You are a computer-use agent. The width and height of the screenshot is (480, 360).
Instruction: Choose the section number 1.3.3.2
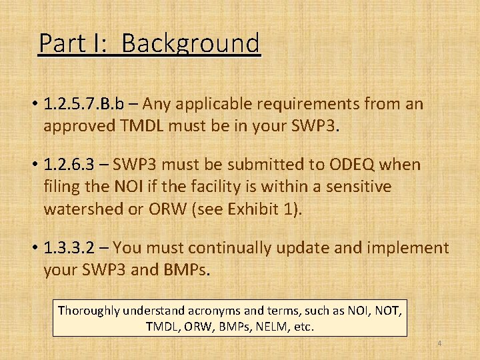(x=70, y=248)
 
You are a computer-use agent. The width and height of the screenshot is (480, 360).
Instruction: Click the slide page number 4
(x=439, y=343)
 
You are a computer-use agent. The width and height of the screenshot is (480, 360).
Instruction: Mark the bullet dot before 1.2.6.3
(x=33, y=165)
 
